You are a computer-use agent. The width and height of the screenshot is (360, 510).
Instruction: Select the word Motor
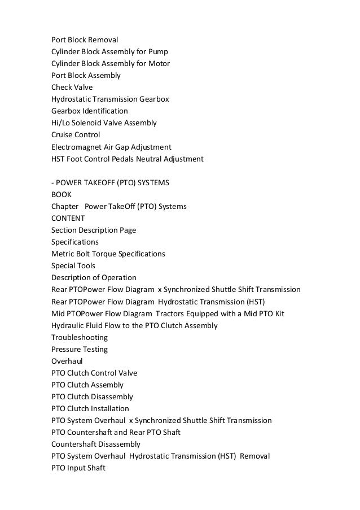[158, 63]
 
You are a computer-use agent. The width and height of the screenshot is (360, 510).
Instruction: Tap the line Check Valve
[72, 87]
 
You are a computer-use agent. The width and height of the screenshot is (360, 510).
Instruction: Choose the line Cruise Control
[76, 135]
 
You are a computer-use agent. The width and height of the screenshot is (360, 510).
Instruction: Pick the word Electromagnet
[77, 147]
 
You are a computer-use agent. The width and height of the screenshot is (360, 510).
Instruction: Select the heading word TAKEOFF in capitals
[102, 182]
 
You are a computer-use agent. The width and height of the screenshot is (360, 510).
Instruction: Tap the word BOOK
[62, 194]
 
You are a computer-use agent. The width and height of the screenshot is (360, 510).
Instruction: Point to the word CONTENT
[68, 218]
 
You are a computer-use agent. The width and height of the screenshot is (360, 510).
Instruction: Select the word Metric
[63, 254]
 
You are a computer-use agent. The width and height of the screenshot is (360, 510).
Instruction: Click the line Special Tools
[73, 265]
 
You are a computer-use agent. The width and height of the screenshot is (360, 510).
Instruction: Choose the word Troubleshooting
[80, 337]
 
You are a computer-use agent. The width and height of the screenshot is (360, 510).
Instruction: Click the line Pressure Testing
[80, 349]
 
